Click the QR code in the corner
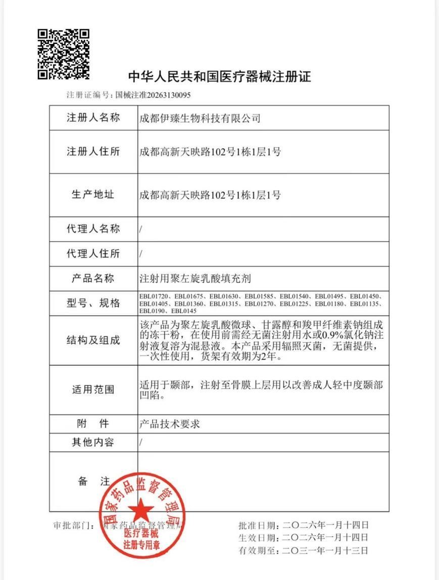[x=64, y=55]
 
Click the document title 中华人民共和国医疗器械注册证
[x=220, y=77]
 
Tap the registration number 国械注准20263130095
[x=153, y=95]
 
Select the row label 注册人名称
[x=93, y=118]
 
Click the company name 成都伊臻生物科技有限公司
[x=200, y=119]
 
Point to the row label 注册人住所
[x=93, y=152]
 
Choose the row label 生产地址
[x=93, y=195]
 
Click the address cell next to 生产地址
[x=210, y=195]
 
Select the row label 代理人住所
[x=93, y=254]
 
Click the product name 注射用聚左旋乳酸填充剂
[x=195, y=279]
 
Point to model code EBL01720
[x=155, y=296]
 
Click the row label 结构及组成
[x=93, y=340]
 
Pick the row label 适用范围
[x=93, y=390]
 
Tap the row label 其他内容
[x=93, y=442]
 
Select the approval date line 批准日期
[x=303, y=525]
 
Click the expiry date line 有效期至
[x=303, y=550]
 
